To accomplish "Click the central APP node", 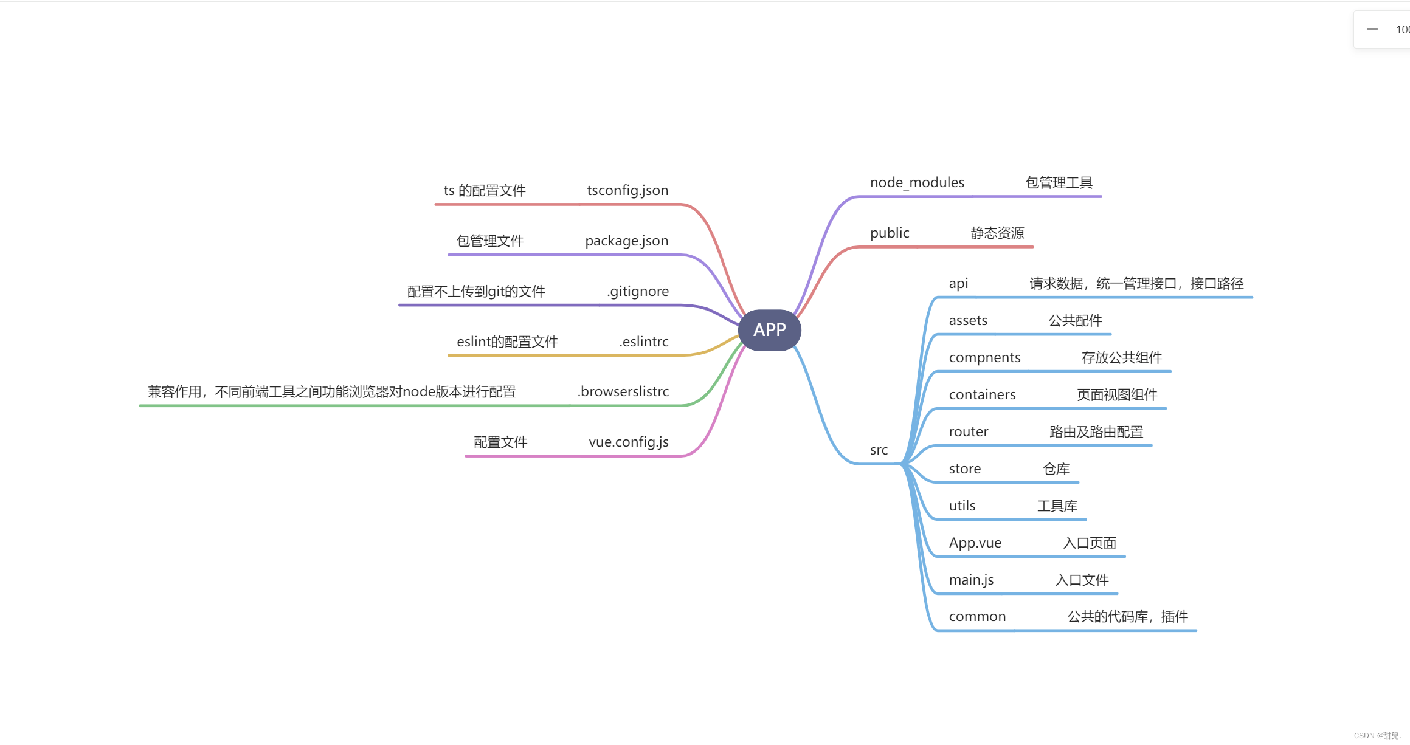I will (769, 330).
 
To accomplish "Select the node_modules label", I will (917, 183).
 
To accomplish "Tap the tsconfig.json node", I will (627, 191).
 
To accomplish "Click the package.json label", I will (626, 241).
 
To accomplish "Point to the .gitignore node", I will (638, 292).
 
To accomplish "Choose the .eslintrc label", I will (644, 342).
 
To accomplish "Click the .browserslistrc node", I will (623, 392).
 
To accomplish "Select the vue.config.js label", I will (628, 442).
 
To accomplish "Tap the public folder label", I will (890, 233).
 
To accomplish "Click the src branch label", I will (879, 450).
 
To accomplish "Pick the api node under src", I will (958, 284).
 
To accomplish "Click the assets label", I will (968, 321).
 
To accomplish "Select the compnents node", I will (984, 358).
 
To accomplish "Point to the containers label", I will (982, 395).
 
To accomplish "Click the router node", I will (969, 432).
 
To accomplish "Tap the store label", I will (965, 469).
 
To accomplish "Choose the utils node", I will (962, 506).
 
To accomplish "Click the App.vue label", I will (975, 543).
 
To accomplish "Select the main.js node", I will (971, 580).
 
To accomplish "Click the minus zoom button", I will (1372, 29).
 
